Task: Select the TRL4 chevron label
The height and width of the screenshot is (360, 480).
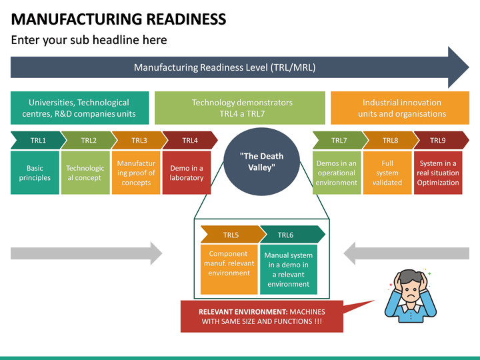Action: [x=190, y=140]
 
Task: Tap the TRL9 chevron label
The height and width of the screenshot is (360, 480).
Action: [x=438, y=140]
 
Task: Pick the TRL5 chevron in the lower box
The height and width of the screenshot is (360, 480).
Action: [x=231, y=235]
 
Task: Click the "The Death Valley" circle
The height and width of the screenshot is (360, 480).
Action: [x=261, y=161]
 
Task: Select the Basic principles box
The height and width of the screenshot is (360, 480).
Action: [x=35, y=173]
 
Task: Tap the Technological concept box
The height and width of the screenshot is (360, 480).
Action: [x=85, y=173]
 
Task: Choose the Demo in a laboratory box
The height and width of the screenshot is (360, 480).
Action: [x=187, y=173]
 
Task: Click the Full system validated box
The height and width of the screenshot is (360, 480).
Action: [x=387, y=173]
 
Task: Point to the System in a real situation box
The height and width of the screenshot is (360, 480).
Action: [x=438, y=173]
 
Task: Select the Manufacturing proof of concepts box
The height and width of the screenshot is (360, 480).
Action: [x=136, y=173]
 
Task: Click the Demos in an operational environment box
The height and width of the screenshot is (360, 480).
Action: [x=337, y=173]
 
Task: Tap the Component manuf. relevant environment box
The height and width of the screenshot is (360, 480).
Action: [x=229, y=269]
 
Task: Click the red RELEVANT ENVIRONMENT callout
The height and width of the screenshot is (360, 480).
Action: [x=261, y=316]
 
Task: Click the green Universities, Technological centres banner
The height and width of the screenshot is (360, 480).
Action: [x=79, y=108]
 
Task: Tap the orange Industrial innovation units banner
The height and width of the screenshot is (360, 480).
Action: [x=401, y=108]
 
